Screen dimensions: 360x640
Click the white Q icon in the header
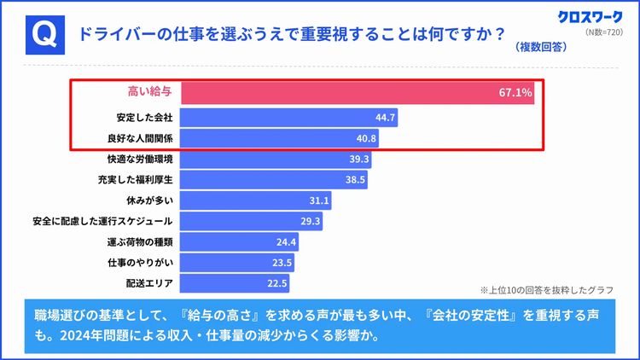44,34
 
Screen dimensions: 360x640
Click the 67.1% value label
515,92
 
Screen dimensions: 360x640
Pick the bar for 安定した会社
288,117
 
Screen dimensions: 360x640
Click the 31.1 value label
319,201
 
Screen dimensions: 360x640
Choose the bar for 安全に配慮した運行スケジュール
252,222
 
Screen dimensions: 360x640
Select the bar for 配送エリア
236,283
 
